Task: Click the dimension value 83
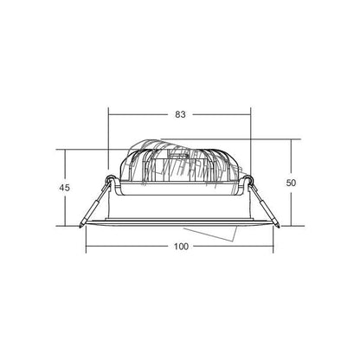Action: (180, 114)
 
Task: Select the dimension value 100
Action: (181, 247)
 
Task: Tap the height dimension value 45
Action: (64, 188)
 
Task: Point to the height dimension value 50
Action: (291, 183)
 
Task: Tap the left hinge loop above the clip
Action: (111, 179)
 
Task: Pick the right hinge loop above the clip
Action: (248, 180)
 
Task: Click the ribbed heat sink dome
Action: (179, 164)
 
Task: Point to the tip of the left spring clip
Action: (80, 227)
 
